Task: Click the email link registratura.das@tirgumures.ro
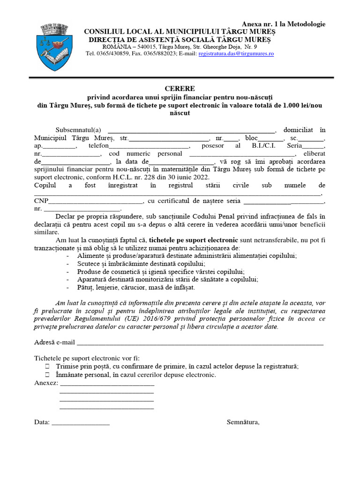point(236,54)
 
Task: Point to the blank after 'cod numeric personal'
point(241,154)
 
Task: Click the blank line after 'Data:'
point(80,422)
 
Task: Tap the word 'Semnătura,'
point(243,422)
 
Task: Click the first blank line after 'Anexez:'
point(107,383)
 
